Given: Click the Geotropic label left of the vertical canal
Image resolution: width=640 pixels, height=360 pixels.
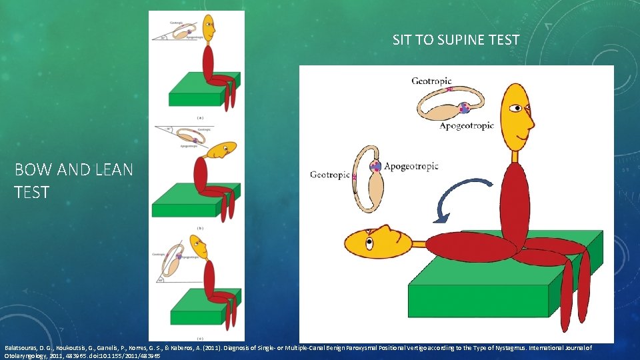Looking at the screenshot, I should point(329,175).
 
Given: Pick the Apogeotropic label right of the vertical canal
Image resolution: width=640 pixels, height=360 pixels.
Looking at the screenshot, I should point(411,166).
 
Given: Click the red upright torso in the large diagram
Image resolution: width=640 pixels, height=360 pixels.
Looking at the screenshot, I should point(513,203).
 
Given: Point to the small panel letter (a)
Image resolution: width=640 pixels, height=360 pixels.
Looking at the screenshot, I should point(200,117).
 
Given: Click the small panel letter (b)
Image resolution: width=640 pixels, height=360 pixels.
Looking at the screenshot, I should point(200,228).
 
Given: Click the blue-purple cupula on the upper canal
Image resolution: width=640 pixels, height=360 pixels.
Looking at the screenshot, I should point(464,107).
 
